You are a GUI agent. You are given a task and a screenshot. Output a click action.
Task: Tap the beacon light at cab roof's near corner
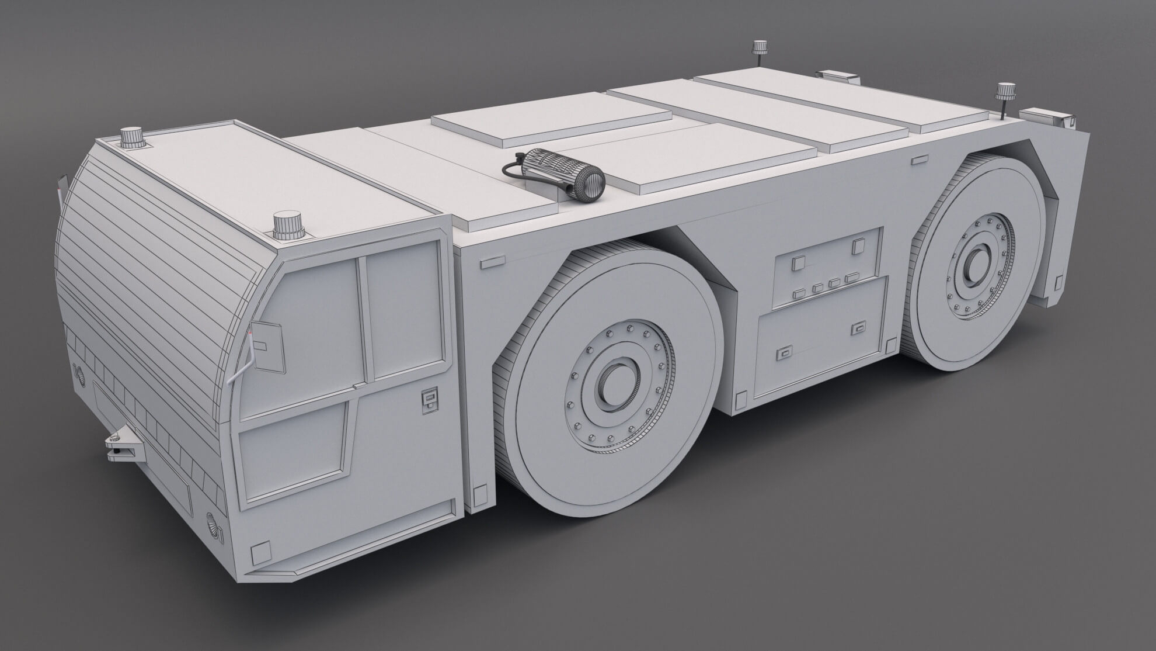286,224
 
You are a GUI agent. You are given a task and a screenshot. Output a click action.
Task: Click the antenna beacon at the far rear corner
759,49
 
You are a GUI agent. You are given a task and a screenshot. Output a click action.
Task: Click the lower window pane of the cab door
292,450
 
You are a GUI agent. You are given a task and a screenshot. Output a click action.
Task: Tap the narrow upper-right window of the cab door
403,310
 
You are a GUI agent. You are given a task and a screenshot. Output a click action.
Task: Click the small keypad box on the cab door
429,401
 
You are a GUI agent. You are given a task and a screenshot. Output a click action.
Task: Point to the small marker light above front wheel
492,262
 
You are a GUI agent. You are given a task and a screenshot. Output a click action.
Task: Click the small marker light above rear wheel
920,158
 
